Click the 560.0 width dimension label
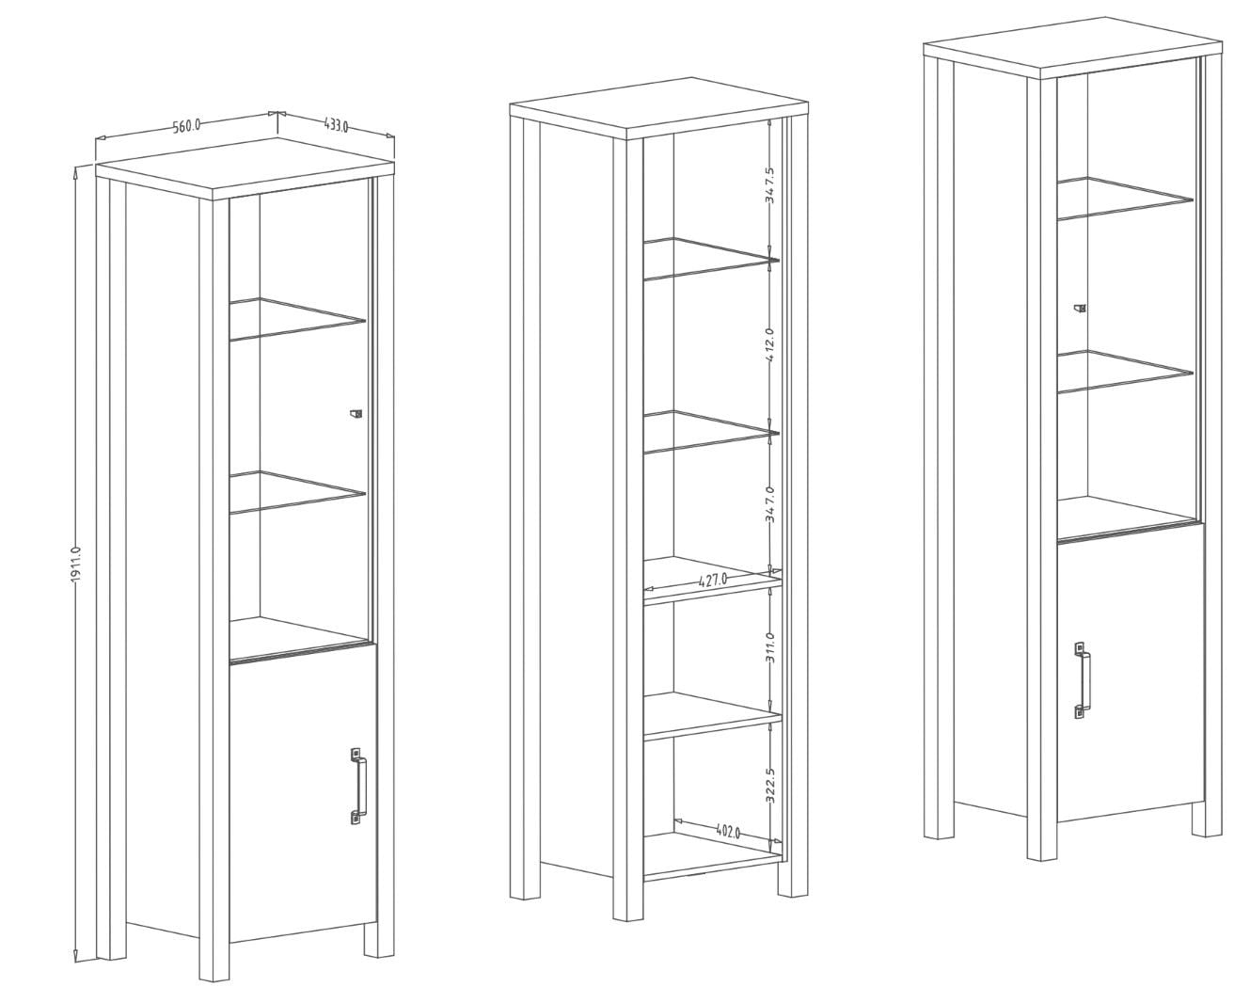coord(186,126)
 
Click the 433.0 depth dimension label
coord(335,124)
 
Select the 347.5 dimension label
coord(770,184)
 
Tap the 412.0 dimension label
coord(770,345)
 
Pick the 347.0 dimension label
coord(770,504)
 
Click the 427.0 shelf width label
coord(713,580)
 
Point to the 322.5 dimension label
coord(770,784)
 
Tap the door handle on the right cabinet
coord(1081,679)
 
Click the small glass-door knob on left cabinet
coord(356,413)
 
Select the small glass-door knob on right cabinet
coord(1080,308)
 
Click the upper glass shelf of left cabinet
coord(296,319)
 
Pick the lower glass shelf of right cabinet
coord(1125,372)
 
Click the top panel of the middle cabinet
coord(658,108)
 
